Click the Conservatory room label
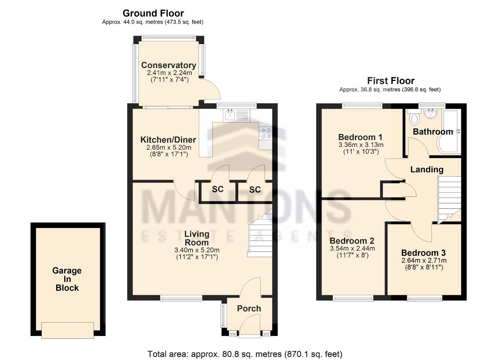click(x=169, y=65)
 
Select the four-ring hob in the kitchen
click(x=266, y=133)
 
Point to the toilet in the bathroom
click(x=414, y=118)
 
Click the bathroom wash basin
click(x=430, y=113)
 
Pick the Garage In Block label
click(x=67, y=279)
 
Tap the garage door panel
click(x=68, y=330)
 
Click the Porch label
click(x=249, y=309)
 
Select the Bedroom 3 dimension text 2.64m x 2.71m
click(x=424, y=260)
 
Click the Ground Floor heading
click(x=153, y=13)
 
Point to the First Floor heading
click(x=391, y=81)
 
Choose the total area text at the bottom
click(x=245, y=354)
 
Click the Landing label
click(x=427, y=169)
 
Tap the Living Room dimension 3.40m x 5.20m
click(x=197, y=250)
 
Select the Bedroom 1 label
click(x=360, y=137)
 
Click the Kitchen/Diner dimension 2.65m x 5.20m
click(x=169, y=147)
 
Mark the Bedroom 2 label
click(x=352, y=241)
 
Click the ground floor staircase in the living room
click(x=260, y=235)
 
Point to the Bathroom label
click(x=433, y=132)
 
